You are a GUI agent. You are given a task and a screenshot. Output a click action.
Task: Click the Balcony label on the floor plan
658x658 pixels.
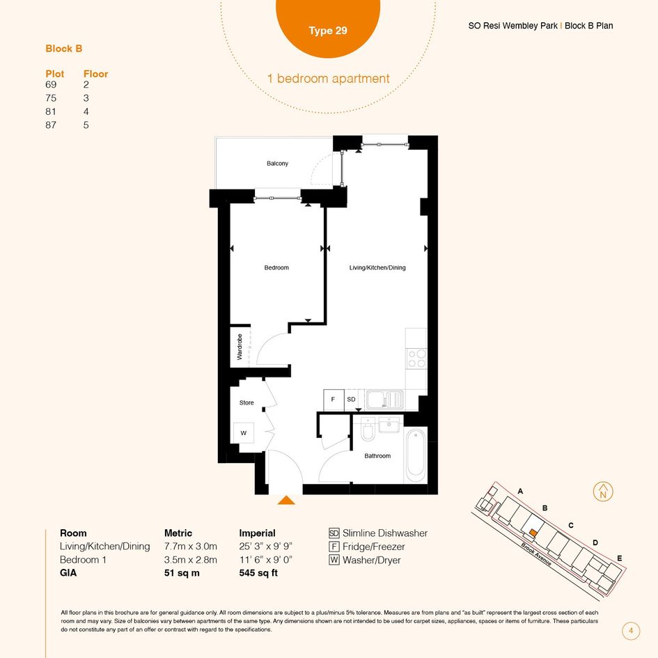click(x=277, y=163)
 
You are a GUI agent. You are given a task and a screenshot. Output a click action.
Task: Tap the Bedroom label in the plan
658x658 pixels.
click(x=276, y=267)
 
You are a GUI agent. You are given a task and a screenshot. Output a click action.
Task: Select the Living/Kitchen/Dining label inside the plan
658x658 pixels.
click(x=377, y=267)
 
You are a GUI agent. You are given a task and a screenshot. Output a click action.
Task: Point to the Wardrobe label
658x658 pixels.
click(x=240, y=347)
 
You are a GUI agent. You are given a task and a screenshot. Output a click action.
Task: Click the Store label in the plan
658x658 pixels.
click(x=246, y=402)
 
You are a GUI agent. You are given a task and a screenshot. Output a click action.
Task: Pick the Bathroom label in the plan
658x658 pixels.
click(x=377, y=456)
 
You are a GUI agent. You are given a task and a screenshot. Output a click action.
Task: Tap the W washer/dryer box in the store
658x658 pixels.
click(x=244, y=432)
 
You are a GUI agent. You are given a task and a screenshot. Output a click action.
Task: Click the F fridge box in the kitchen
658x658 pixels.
click(x=334, y=400)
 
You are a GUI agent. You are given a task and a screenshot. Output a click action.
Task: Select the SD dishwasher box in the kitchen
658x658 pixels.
click(x=351, y=400)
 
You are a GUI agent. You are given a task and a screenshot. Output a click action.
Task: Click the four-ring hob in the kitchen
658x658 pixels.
click(x=416, y=359)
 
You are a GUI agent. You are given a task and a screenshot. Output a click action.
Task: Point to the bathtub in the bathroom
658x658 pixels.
click(x=416, y=456)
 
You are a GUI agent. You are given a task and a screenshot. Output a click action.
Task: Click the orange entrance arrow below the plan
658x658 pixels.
click(x=286, y=500)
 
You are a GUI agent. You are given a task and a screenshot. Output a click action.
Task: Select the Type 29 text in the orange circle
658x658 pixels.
click(x=328, y=31)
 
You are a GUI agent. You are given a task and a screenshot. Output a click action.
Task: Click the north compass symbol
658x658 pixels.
click(x=603, y=492)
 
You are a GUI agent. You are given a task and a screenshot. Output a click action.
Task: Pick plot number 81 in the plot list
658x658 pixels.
click(x=51, y=111)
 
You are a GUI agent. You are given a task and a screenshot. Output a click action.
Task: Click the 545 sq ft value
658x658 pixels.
click(x=258, y=573)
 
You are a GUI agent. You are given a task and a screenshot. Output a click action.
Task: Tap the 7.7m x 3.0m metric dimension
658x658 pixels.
click(x=191, y=547)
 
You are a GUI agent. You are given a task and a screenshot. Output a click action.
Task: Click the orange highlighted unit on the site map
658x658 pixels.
click(x=533, y=532)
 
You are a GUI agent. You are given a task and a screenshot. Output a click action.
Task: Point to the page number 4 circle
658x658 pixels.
click(x=631, y=631)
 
